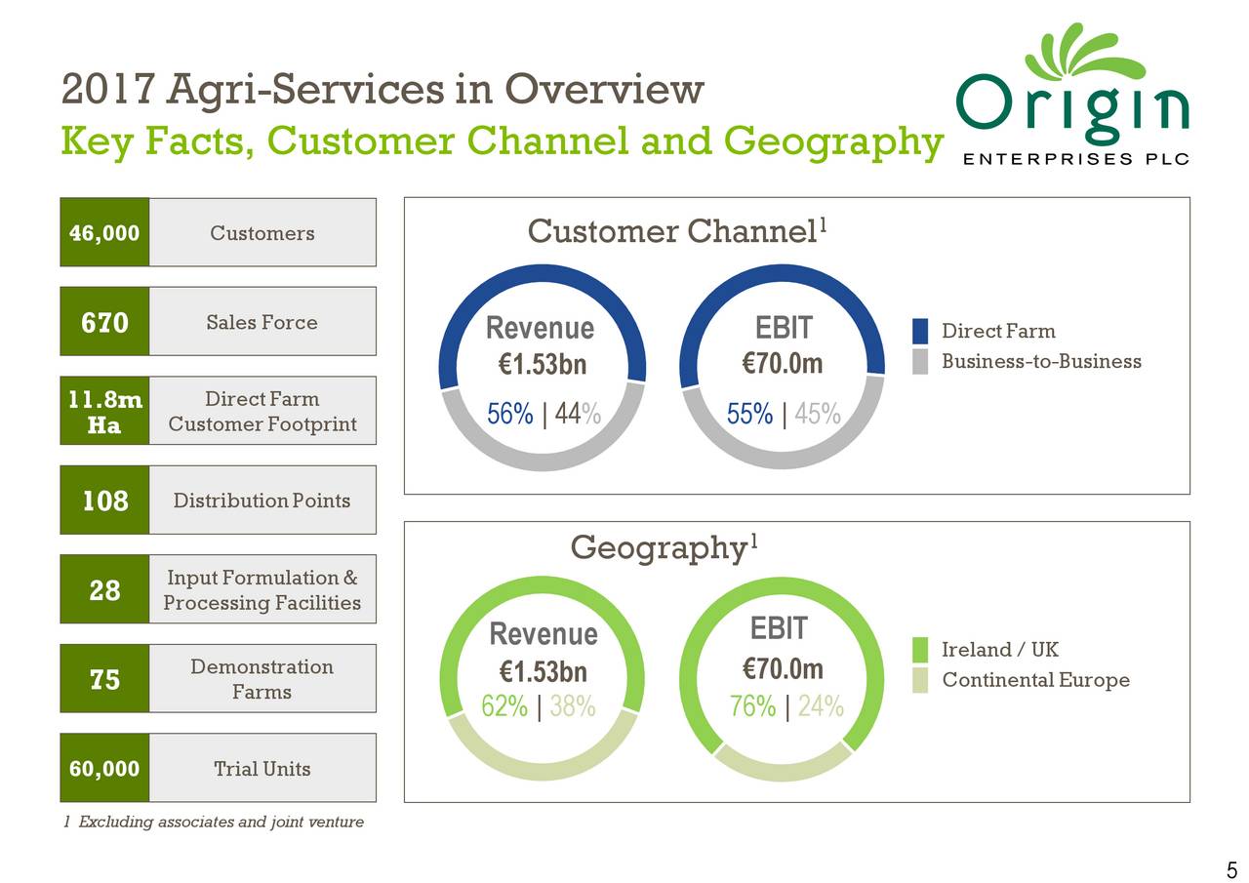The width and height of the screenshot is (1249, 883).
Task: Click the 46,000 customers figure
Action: (104, 233)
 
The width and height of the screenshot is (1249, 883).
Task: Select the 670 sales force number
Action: (104, 323)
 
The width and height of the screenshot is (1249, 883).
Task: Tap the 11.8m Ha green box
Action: (104, 412)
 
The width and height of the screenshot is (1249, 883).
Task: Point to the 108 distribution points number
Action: (104, 501)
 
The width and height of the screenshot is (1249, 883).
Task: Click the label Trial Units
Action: (262, 769)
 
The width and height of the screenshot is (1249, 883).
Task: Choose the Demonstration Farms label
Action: (262, 679)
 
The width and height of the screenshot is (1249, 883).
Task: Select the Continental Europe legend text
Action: (1035, 680)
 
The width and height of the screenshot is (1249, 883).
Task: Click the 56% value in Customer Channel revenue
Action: (509, 415)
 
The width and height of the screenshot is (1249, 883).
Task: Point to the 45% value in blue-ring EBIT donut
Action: (818, 415)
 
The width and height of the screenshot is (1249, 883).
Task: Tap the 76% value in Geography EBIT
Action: (752, 706)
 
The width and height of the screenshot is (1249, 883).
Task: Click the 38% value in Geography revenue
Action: (573, 706)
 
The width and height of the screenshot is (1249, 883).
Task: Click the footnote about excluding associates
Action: (212, 823)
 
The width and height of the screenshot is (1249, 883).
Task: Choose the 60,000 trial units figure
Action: (104, 769)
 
